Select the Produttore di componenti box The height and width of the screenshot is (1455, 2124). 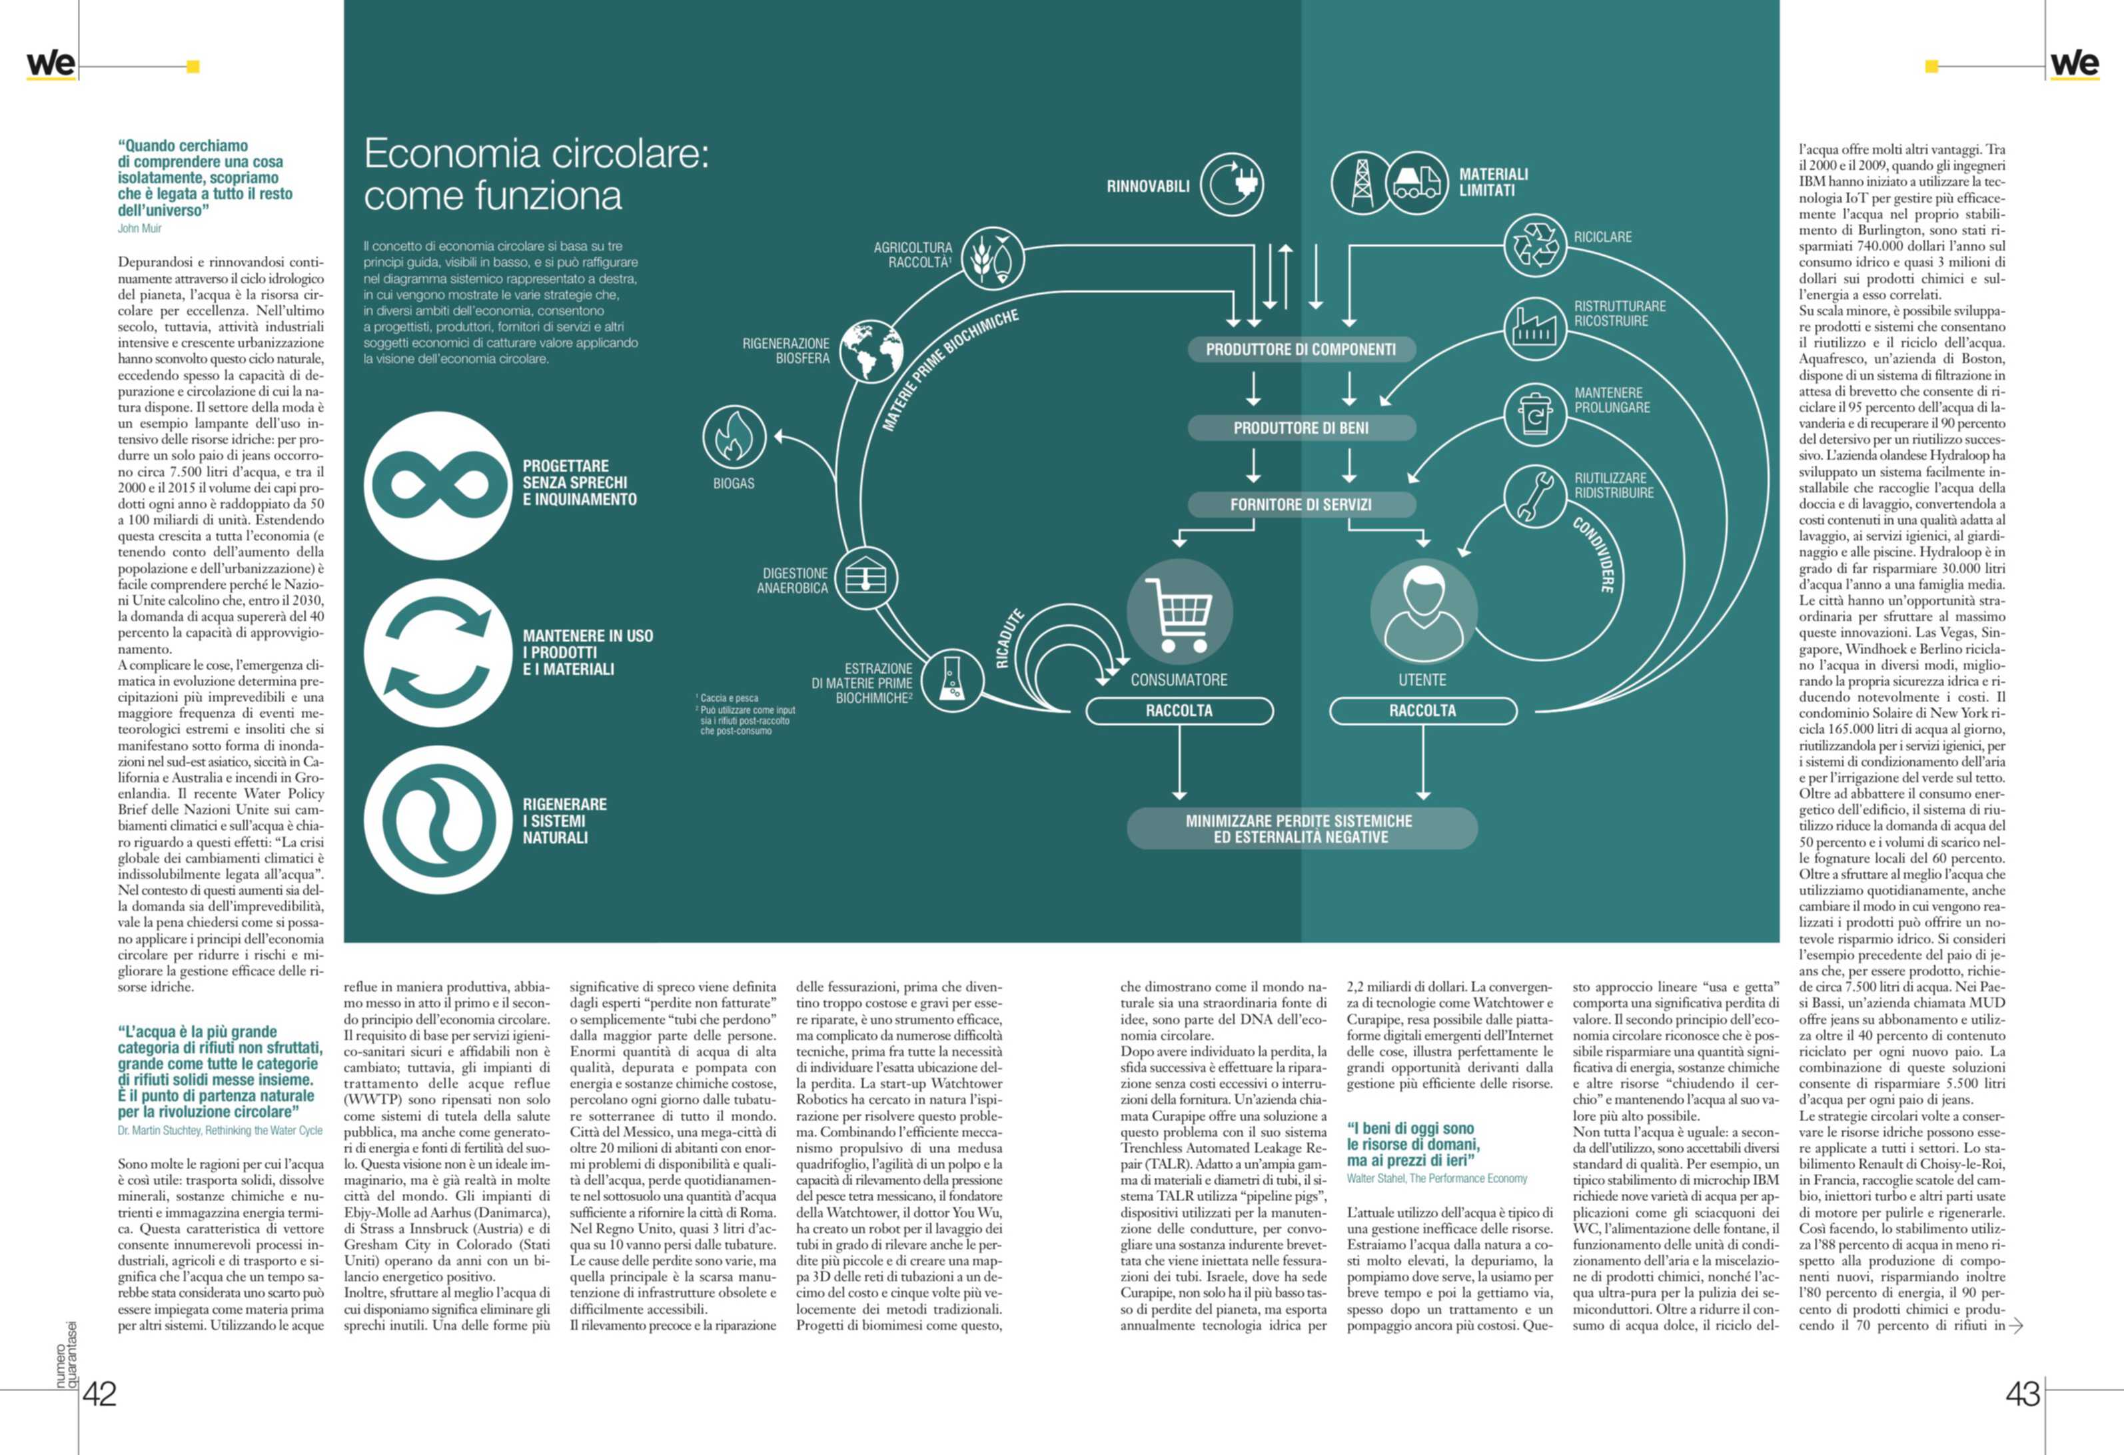point(1301,349)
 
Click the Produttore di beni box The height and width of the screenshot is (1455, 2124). point(1301,428)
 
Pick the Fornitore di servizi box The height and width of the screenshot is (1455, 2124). point(1301,504)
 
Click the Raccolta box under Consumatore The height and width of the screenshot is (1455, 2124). point(1179,711)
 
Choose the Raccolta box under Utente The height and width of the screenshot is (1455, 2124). point(1423,711)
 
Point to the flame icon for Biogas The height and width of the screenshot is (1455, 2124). point(734,437)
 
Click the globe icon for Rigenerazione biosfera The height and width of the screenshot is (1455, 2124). point(870,351)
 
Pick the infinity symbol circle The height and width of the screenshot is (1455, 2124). point(438,484)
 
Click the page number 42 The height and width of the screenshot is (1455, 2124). point(100,1394)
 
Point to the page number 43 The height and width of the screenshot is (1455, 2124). point(2023,1394)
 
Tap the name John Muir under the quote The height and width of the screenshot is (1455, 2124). point(140,229)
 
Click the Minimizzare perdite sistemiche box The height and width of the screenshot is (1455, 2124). point(1301,829)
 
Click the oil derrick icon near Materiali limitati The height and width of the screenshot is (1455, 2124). point(1362,183)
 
